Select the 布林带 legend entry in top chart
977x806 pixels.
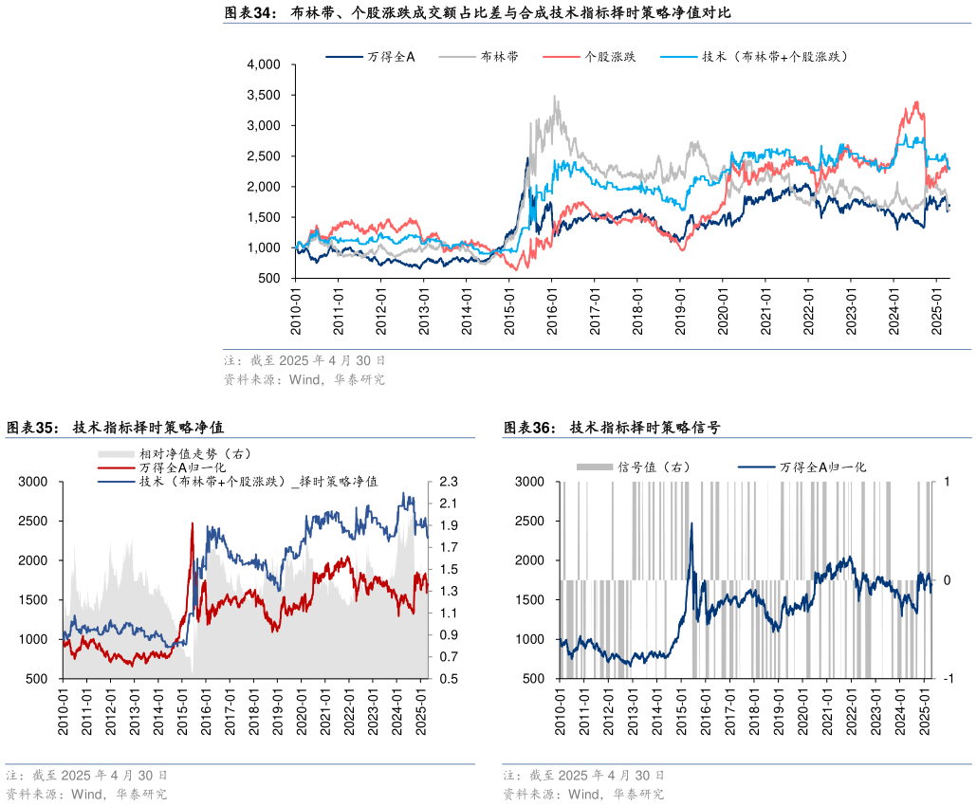point(499,57)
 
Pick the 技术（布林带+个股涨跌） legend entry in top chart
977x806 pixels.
point(774,57)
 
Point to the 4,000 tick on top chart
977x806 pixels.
point(264,64)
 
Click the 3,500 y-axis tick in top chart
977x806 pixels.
point(264,95)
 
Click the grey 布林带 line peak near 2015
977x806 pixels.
point(555,96)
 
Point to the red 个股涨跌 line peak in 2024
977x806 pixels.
point(916,101)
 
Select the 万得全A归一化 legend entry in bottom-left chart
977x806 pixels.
point(180,467)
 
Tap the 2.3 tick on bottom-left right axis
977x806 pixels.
point(449,482)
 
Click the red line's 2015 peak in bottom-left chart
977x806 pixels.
point(193,522)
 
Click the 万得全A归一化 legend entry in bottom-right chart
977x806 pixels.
point(823,467)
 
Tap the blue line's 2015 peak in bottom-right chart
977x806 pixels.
point(691,522)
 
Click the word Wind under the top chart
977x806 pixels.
point(285,380)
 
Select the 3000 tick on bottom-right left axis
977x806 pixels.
point(529,482)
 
